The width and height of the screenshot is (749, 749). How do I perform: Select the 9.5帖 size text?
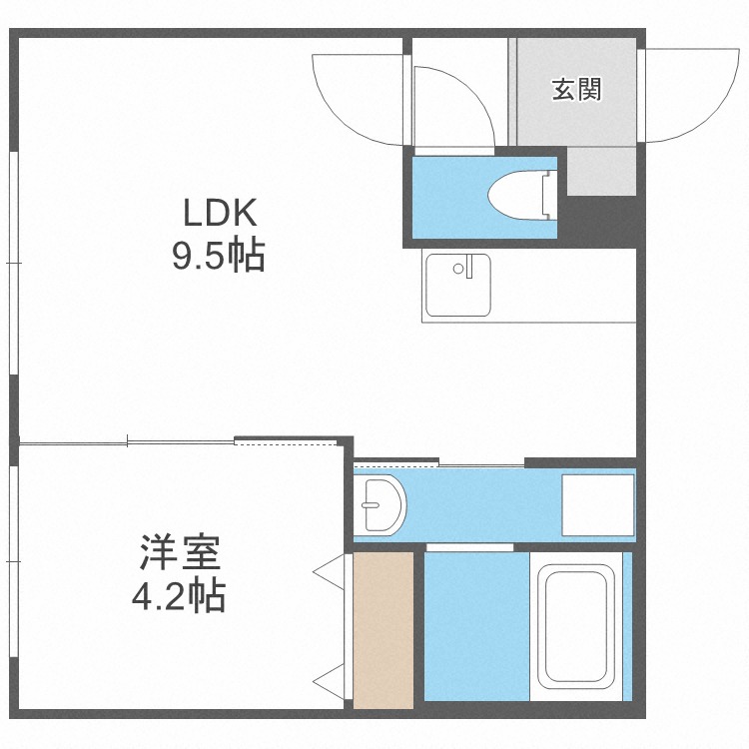(x=218, y=257)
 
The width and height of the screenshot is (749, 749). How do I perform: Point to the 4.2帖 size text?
(x=179, y=596)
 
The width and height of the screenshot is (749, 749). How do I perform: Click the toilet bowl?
(x=514, y=194)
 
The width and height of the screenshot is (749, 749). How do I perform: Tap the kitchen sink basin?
(x=457, y=286)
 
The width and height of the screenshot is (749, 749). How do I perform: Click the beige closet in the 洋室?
(x=383, y=629)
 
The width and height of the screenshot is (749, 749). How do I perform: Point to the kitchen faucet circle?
(x=459, y=268)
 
